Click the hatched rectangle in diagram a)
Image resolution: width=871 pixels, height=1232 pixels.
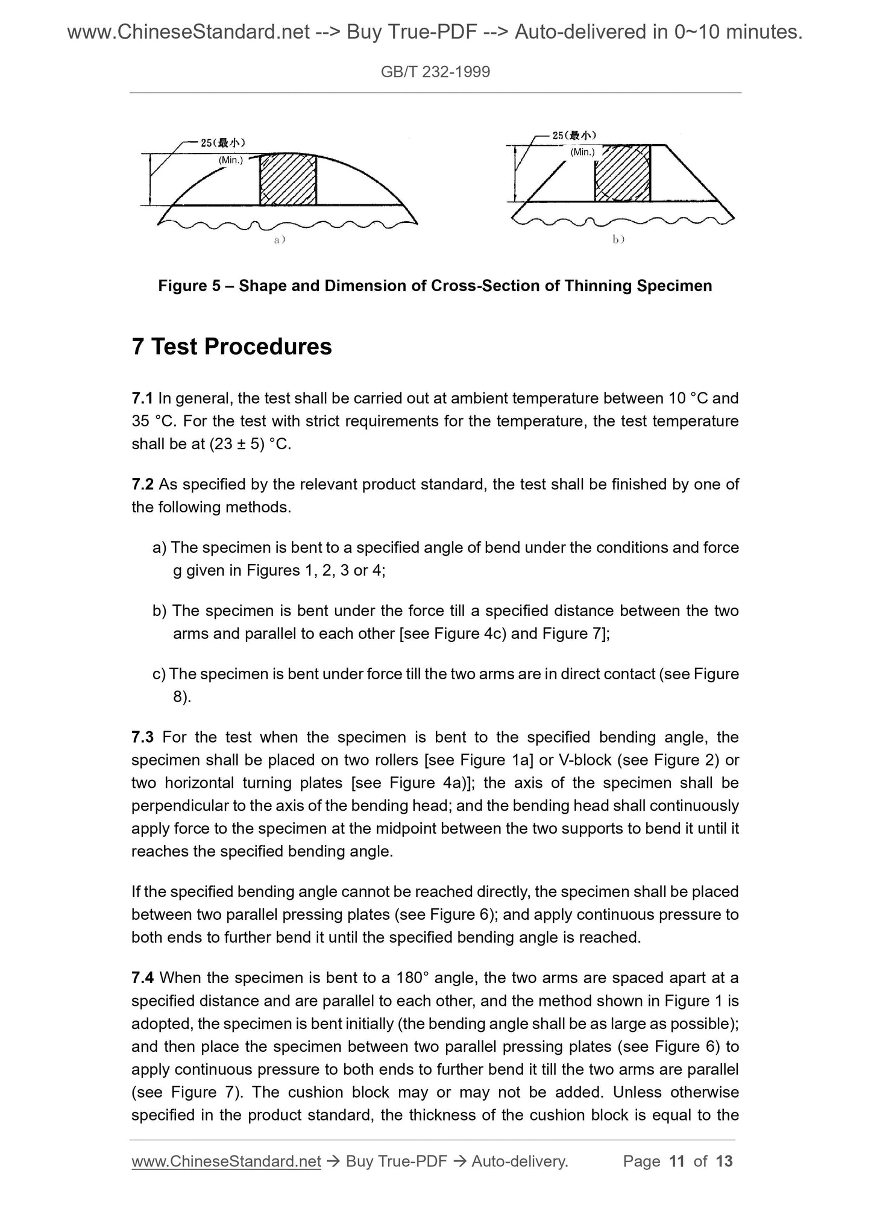(288, 180)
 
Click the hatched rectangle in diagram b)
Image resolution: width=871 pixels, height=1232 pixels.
(622, 173)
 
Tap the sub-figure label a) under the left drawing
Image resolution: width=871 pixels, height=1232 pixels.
(279, 240)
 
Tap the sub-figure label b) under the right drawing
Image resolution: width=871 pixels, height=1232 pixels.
(618, 240)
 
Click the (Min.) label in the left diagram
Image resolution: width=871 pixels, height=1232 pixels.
(230, 160)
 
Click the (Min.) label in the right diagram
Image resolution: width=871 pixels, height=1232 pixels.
(582, 152)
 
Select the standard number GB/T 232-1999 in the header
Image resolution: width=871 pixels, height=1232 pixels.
(435, 72)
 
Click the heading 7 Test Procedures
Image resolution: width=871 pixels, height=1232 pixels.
(231, 347)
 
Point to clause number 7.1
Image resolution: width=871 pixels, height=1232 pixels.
(142, 398)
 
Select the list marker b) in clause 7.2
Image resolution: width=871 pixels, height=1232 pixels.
(159, 611)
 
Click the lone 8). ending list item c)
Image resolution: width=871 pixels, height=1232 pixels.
(182, 697)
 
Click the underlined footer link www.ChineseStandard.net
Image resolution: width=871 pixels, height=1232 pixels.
(226, 1161)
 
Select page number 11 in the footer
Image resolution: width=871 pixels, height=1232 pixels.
(677, 1161)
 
